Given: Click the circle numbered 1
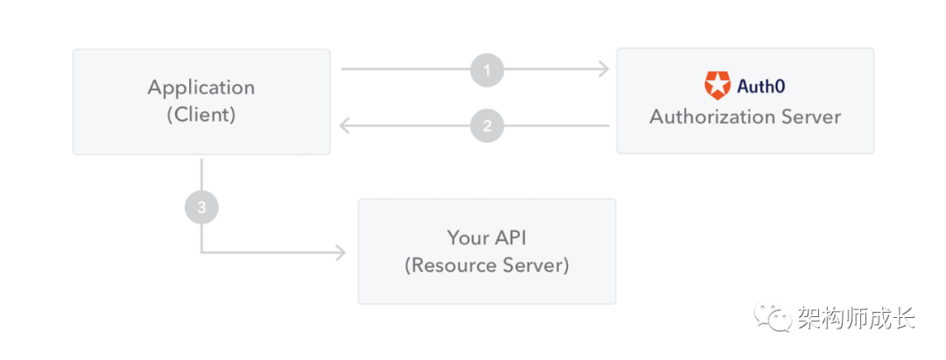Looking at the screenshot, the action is point(487,70).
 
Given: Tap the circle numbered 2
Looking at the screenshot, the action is point(487,126).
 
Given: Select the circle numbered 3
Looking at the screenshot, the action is point(201,208).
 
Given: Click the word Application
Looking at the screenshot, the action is point(201,88).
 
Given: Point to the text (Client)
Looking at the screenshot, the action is point(201,115).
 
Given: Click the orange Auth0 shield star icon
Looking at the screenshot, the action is point(717,86).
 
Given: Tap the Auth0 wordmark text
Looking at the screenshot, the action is point(761,86).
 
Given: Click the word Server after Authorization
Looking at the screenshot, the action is point(805,116).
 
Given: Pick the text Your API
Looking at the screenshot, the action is point(487,237).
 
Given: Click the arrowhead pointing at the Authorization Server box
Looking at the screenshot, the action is point(604,69).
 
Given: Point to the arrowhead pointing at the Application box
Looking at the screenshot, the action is point(345,125).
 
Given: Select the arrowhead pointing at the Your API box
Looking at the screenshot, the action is point(340,252).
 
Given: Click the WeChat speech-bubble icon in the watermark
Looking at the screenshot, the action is point(772,316).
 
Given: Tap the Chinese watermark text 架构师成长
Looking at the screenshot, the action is point(856,317).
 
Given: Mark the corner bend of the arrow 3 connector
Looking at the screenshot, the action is point(201,252).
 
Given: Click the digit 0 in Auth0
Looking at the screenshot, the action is point(780,87).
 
